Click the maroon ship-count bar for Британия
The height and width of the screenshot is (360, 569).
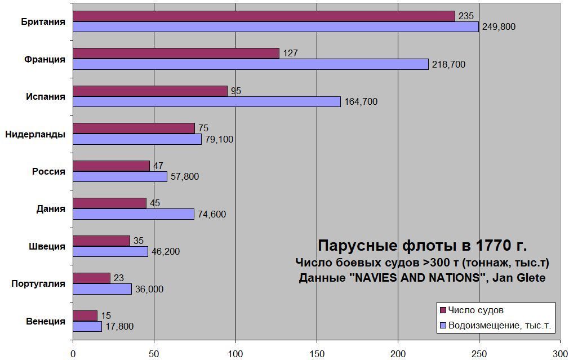264,16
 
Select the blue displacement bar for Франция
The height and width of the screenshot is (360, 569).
251,64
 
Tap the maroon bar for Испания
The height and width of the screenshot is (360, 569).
150,91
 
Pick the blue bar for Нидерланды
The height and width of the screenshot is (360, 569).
137,139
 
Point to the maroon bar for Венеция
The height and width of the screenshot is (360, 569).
85,315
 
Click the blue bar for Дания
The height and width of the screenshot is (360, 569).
134,214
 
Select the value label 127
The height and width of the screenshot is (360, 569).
290,54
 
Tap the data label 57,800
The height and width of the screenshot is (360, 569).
185,177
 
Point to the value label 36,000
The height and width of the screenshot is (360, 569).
149,289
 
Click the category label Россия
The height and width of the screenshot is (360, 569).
48,172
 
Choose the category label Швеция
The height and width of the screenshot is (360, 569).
47,247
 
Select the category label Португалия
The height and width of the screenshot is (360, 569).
38,284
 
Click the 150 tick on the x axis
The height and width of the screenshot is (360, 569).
317,354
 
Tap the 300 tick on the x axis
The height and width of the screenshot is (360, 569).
560,354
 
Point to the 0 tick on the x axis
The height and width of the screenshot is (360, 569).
73,354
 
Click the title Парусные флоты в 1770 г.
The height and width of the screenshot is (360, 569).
422,246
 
